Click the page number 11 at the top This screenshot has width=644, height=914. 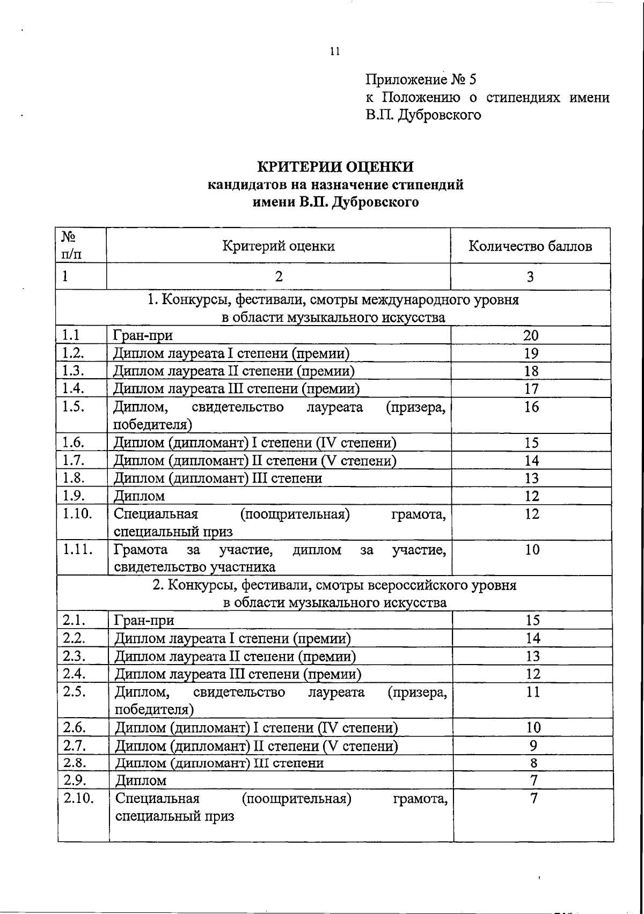click(x=335, y=51)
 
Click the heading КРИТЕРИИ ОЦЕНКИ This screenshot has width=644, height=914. click(x=335, y=167)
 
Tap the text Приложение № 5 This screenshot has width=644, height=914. click(x=421, y=80)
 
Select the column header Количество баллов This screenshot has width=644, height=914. click(x=530, y=246)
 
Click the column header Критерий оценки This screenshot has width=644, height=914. click(x=279, y=246)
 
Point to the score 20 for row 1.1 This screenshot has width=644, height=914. click(x=531, y=336)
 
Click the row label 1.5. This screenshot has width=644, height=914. click(x=73, y=407)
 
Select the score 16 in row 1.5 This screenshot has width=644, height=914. click(x=531, y=407)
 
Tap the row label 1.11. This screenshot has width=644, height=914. click(x=77, y=549)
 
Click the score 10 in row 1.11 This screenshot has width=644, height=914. click(x=532, y=549)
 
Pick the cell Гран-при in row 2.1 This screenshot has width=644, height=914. click(x=144, y=621)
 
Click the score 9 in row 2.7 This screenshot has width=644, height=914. click(x=533, y=746)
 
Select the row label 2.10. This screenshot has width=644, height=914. click(x=78, y=798)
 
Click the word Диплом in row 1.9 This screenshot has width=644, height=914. click(x=139, y=496)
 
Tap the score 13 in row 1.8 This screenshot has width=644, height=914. click(x=531, y=478)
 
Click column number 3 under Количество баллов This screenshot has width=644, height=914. click(x=530, y=277)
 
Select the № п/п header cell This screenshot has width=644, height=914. click(x=72, y=245)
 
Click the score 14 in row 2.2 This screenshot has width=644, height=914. click(x=533, y=638)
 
